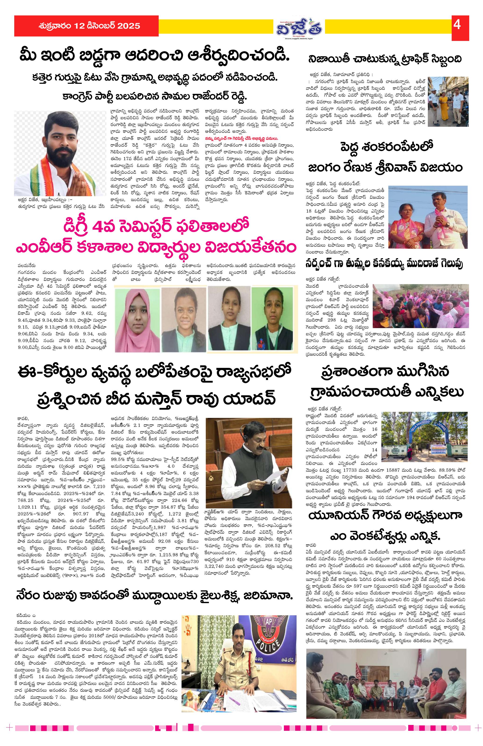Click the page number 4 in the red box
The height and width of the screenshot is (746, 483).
click(x=457, y=25)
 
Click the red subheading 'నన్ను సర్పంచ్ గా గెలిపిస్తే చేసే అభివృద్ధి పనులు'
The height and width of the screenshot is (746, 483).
click(x=241, y=138)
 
